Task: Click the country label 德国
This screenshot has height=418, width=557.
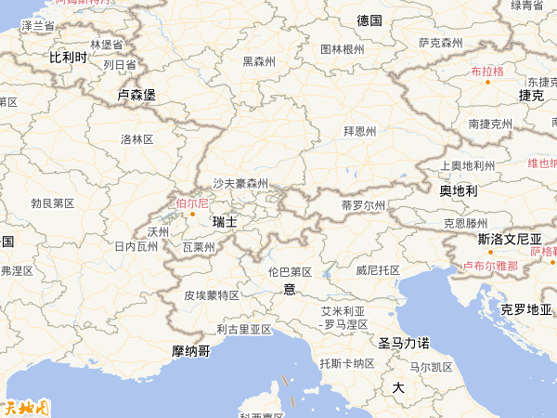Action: click(369, 20)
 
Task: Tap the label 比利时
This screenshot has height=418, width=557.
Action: click(68, 58)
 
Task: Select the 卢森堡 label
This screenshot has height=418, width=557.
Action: click(136, 95)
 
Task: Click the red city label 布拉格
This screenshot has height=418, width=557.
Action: click(486, 71)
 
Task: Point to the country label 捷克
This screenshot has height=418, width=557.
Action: click(531, 95)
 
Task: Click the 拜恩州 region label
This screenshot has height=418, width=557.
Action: click(360, 131)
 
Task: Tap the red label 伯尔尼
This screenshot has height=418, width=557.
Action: click(192, 202)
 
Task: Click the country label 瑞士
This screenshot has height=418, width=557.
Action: click(225, 222)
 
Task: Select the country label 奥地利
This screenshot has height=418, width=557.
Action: click(458, 190)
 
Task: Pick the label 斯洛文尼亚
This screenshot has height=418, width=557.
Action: click(510, 239)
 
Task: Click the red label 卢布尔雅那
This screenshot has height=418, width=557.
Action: click(490, 266)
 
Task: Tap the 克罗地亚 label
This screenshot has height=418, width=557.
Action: click(526, 308)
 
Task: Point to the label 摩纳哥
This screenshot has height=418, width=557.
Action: click(191, 350)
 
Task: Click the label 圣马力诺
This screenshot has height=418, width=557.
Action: click(403, 343)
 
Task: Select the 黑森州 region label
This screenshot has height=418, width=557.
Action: click(259, 62)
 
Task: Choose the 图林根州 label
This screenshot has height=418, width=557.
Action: click(342, 49)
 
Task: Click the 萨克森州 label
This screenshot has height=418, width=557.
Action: click(440, 43)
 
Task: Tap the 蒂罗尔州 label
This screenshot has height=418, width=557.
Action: click(362, 204)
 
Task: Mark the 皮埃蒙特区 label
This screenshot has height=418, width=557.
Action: click(212, 295)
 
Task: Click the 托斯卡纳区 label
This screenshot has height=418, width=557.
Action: click(346, 362)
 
